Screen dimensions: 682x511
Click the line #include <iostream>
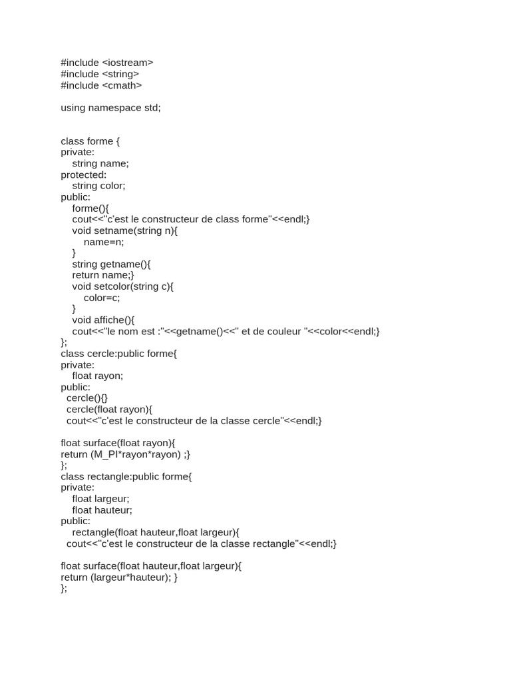[106, 63]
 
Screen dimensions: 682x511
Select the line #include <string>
[100, 74]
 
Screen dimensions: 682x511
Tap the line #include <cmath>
[101, 85]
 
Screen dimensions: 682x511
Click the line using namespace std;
[110, 107]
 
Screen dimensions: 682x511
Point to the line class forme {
[90, 141]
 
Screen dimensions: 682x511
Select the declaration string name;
[100, 163]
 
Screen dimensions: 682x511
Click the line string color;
[98, 186]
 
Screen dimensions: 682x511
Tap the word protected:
[83, 174]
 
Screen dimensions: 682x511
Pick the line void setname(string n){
[125, 230]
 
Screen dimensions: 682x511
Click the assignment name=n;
[104, 242]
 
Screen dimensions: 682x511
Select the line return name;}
[103, 275]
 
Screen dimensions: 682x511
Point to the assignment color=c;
[102, 298]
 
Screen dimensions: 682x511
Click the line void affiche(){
[103, 320]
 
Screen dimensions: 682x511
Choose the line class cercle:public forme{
[119, 354]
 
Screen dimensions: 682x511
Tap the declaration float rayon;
[98, 376]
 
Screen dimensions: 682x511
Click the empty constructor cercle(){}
[86, 398]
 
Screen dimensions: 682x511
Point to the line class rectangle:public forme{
[126, 476]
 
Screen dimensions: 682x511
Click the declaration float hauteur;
[102, 510]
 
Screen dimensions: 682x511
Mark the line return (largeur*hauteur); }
[119, 577]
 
